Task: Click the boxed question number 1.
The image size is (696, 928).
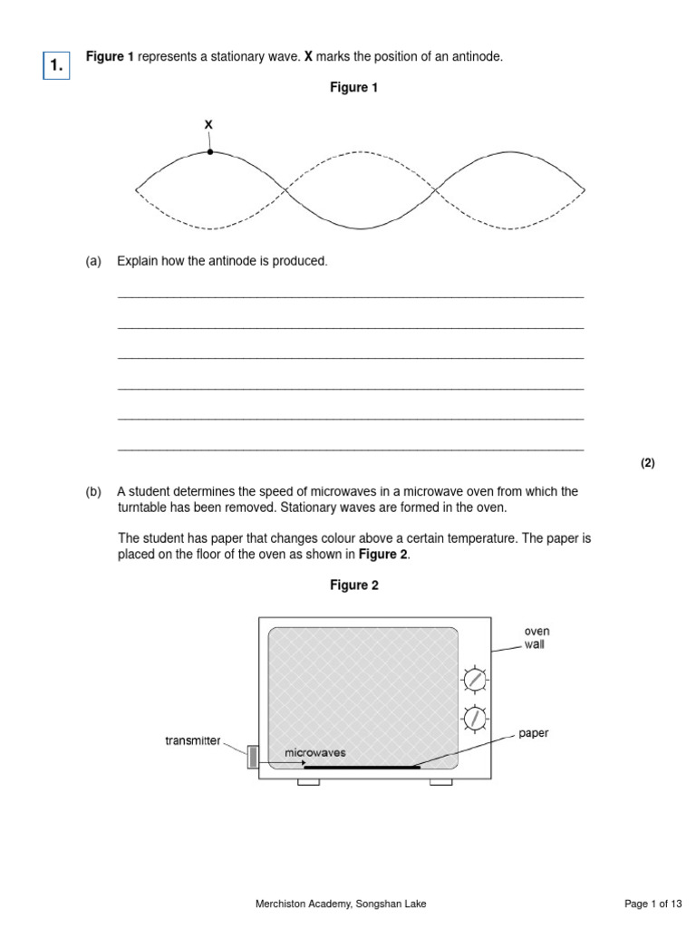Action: click(56, 64)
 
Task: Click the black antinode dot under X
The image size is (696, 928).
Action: click(210, 151)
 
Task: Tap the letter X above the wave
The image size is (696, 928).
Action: click(209, 124)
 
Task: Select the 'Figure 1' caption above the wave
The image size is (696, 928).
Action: click(353, 88)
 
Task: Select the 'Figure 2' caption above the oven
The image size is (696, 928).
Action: click(353, 585)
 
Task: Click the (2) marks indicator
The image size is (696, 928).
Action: click(647, 462)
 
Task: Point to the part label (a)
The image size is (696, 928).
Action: click(93, 261)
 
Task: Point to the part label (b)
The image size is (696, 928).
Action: click(93, 491)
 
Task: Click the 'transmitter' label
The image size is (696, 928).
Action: click(192, 740)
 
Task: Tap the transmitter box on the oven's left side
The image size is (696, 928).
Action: click(253, 757)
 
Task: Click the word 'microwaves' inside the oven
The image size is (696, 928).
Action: click(315, 752)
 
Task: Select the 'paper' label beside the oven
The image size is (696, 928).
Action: click(534, 733)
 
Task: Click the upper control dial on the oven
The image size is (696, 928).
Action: click(473, 679)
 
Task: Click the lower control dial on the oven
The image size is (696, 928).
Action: click(473, 719)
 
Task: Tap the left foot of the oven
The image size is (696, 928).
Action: click(308, 781)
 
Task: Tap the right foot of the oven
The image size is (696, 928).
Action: click(440, 781)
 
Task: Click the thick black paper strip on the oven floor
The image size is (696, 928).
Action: click(362, 768)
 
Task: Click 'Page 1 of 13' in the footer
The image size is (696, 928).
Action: click(652, 904)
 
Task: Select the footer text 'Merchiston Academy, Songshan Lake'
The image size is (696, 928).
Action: click(342, 904)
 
